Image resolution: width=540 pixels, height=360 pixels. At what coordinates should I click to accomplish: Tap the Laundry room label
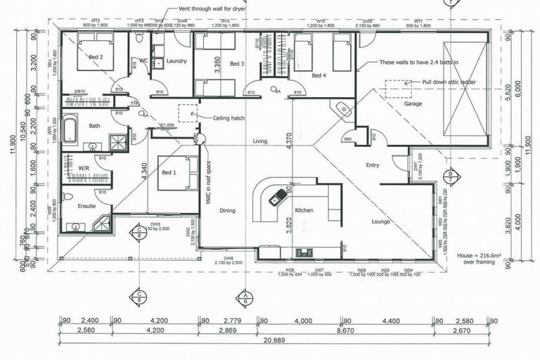click(x=176, y=61)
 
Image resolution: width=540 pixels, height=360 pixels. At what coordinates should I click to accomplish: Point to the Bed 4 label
click(x=320, y=75)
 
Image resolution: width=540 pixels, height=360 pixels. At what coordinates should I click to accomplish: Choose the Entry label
click(x=373, y=165)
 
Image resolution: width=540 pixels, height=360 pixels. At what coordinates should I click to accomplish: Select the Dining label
click(x=227, y=210)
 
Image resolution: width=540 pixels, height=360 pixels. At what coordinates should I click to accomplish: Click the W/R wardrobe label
click(x=83, y=168)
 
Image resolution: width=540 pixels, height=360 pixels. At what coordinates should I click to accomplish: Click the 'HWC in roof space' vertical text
click(x=208, y=184)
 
